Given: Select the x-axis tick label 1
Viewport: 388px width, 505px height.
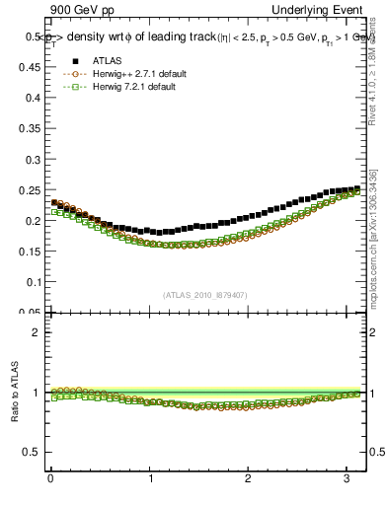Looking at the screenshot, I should [x=151, y=477].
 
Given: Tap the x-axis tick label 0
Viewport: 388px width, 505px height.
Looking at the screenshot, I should [x=50, y=477].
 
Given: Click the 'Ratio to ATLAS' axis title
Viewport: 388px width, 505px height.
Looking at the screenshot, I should [x=13, y=394].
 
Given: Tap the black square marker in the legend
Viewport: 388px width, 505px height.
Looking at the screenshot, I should [x=69, y=61].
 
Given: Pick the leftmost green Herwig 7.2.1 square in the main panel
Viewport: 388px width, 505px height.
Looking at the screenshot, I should [x=54, y=211].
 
